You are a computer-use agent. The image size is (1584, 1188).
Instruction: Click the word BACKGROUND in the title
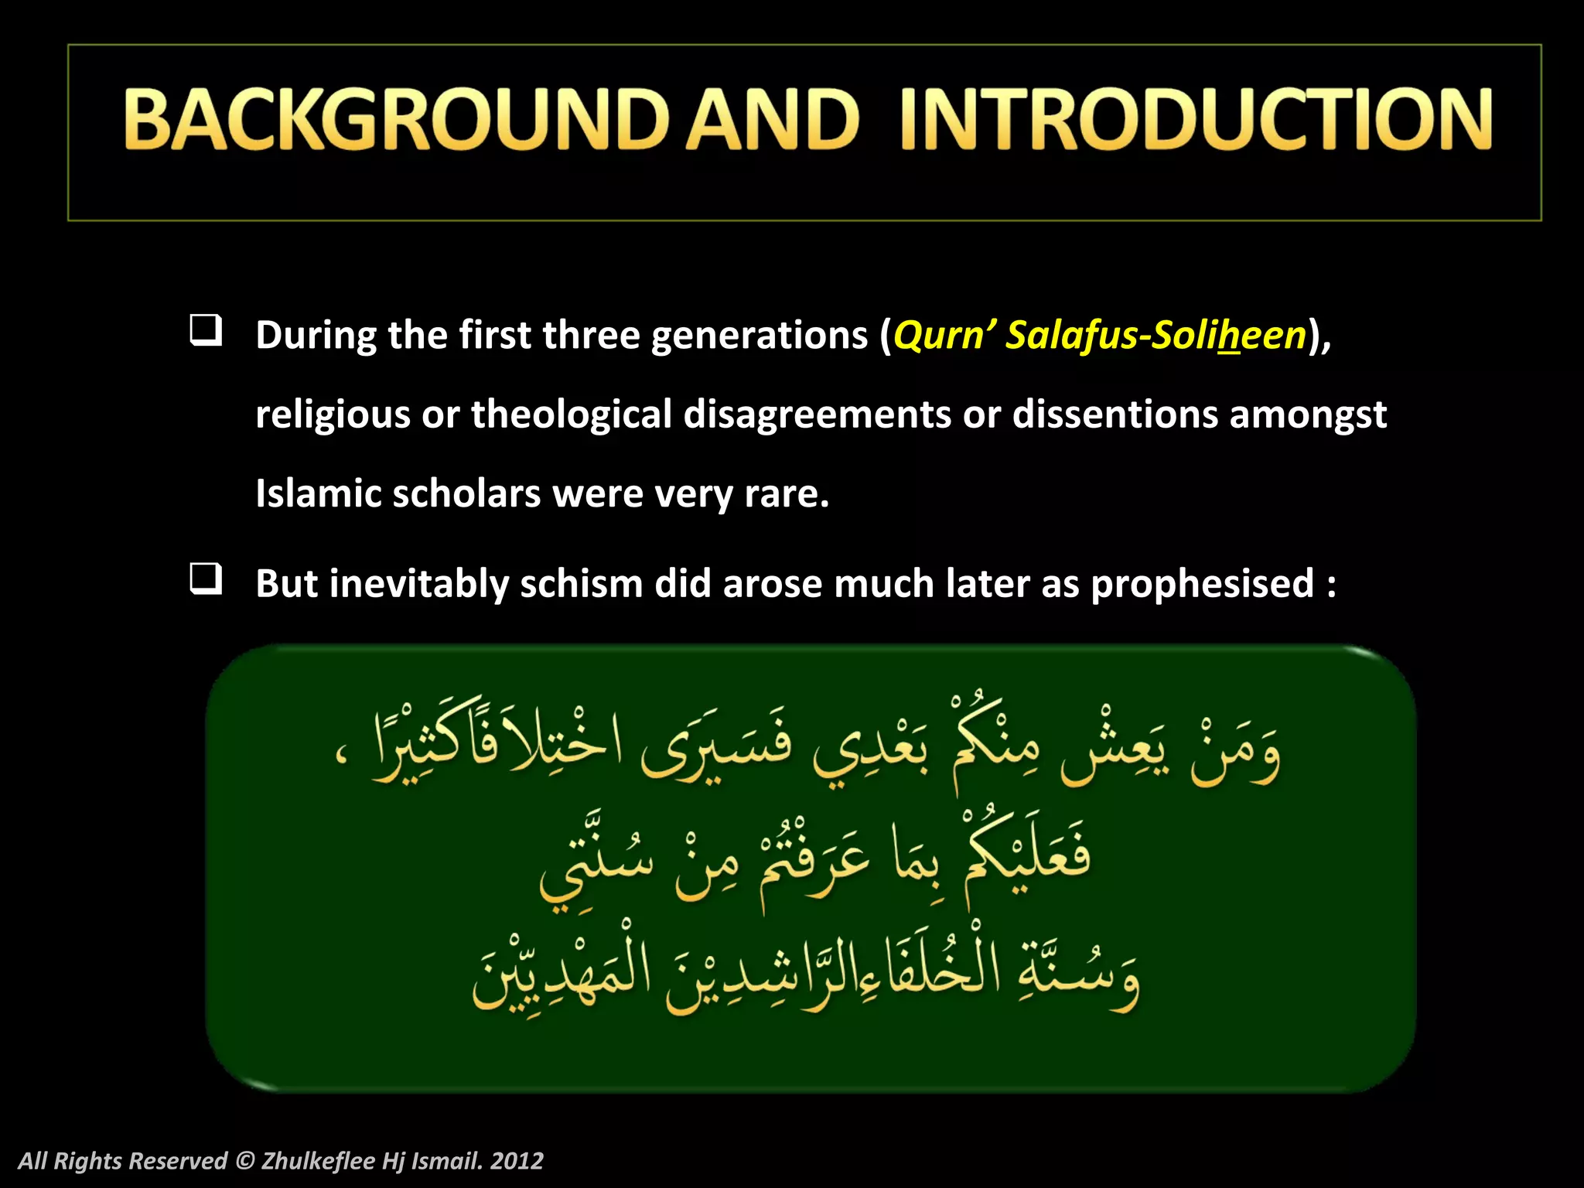pyautogui.click(x=394, y=120)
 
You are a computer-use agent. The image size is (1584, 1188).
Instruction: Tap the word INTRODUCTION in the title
pyautogui.click(x=1195, y=120)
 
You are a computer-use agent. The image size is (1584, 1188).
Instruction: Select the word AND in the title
pyautogui.click(x=773, y=120)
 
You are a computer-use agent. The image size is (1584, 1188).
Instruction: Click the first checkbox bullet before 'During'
pyautogui.click(x=206, y=330)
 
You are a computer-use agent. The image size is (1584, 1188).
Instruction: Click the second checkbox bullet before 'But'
pyautogui.click(x=206, y=579)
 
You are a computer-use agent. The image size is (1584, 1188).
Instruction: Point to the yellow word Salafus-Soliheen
pyautogui.click(x=1156, y=336)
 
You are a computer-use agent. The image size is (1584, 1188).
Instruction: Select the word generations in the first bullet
pyautogui.click(x=760, y=336)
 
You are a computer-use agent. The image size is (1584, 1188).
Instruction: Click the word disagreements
pyautogui.click(x=817, y=415)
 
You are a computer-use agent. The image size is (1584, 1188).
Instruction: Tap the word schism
pyautogui.click(x=582, y=583)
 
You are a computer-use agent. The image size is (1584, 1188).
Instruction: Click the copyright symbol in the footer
pyautogui.click(x=244, y=1160)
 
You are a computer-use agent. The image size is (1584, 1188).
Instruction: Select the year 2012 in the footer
pyautogui.click(x=517, y=1160)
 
